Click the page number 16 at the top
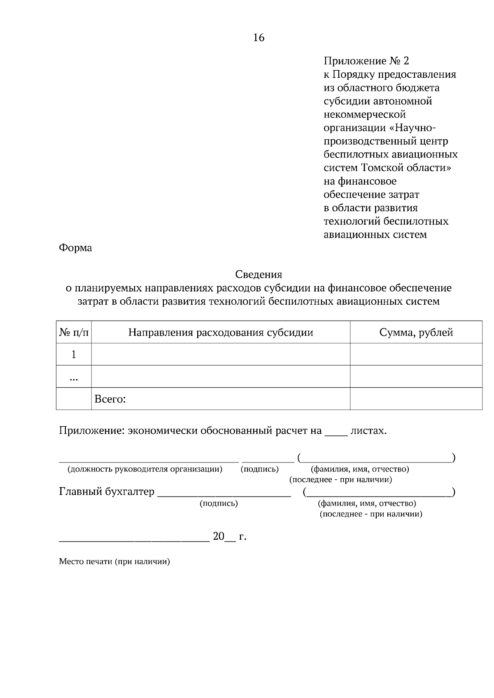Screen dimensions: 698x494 click(x=259, y=38)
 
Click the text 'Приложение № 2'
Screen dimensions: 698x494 click(x=366, y=61)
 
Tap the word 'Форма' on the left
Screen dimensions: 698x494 click(x=75, y=248)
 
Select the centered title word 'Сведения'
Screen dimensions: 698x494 click(x=259, y=274)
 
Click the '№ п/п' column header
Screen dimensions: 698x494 click(x=74, y=332)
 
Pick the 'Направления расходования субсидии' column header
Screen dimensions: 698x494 click(x=221, y=332)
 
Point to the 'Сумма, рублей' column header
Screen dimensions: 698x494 click(x=416, y=332)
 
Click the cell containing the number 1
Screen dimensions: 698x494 click(x=74, y=354)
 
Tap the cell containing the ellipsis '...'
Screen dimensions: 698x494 click(x=74, y=377)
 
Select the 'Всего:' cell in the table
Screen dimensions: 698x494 click(x=110, y=399)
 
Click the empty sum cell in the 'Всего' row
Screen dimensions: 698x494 click(x=416, y=399)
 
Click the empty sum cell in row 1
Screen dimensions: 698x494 click(x=416, y=354)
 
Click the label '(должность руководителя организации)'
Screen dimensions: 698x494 click(x=145, y=469)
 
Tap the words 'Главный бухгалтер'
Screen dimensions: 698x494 click(x=107, y=492)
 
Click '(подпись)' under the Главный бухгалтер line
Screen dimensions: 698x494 click(x=219, y=503)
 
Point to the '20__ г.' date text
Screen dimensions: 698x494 click(x=229, y=536)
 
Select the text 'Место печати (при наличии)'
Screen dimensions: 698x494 click(x=114, y=562)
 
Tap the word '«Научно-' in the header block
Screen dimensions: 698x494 click(x=412, y=128)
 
